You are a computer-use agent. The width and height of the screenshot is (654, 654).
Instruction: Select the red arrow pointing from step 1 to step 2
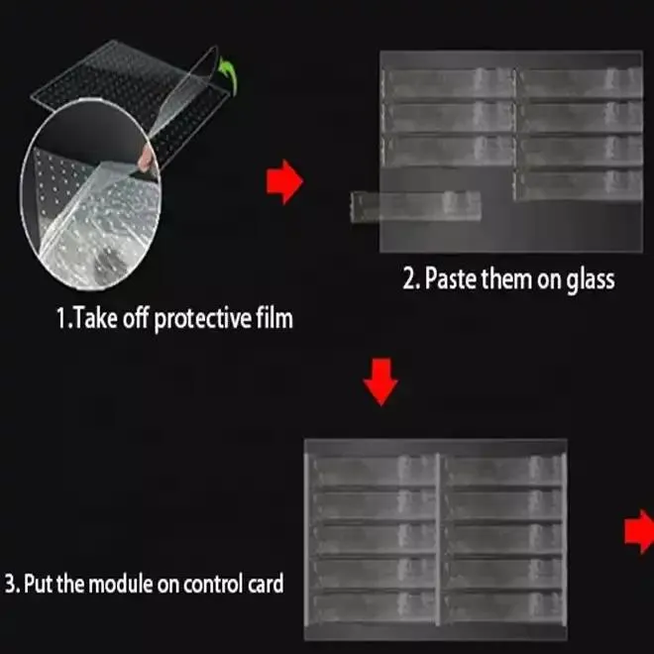[x=284, y=182]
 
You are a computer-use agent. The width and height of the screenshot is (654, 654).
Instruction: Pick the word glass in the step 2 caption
[x=589, y=279]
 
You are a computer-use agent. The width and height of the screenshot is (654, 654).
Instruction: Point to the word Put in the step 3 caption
[x=39, y=582]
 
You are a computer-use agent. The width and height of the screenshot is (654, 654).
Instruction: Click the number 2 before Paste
[x=408, y=279]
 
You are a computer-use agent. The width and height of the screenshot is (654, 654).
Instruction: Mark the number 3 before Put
[x=10, y=582]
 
